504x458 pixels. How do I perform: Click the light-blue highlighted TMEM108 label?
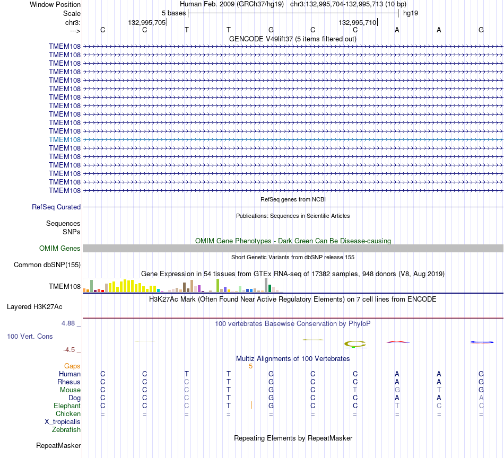pos(65,140)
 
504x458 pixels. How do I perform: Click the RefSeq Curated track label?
pos(56,207)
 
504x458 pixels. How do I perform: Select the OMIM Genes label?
pos(60,248)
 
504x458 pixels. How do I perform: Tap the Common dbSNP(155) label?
pos(47,265)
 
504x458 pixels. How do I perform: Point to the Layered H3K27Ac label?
pos(34,307)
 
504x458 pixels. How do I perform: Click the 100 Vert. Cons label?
pos(30,336)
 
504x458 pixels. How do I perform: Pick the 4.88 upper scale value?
pos(68,323)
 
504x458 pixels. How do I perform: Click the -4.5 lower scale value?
pos(69,350)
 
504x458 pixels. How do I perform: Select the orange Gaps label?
pos(72,366)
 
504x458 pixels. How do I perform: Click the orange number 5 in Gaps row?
pos(251,366)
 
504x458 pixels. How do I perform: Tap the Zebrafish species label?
pos(66,430)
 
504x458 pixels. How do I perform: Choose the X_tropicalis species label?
pos(63,422)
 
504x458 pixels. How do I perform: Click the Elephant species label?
pos(67,406)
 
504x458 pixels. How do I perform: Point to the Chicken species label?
pos(68,413)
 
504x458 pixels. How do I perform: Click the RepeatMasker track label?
pos(58,445)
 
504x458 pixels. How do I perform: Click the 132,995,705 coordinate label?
pos(147,22)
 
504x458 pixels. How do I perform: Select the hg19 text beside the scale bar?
pos(411,13)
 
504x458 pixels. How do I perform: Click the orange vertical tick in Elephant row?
pos(251,405)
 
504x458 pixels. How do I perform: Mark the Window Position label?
pos(55,4)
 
